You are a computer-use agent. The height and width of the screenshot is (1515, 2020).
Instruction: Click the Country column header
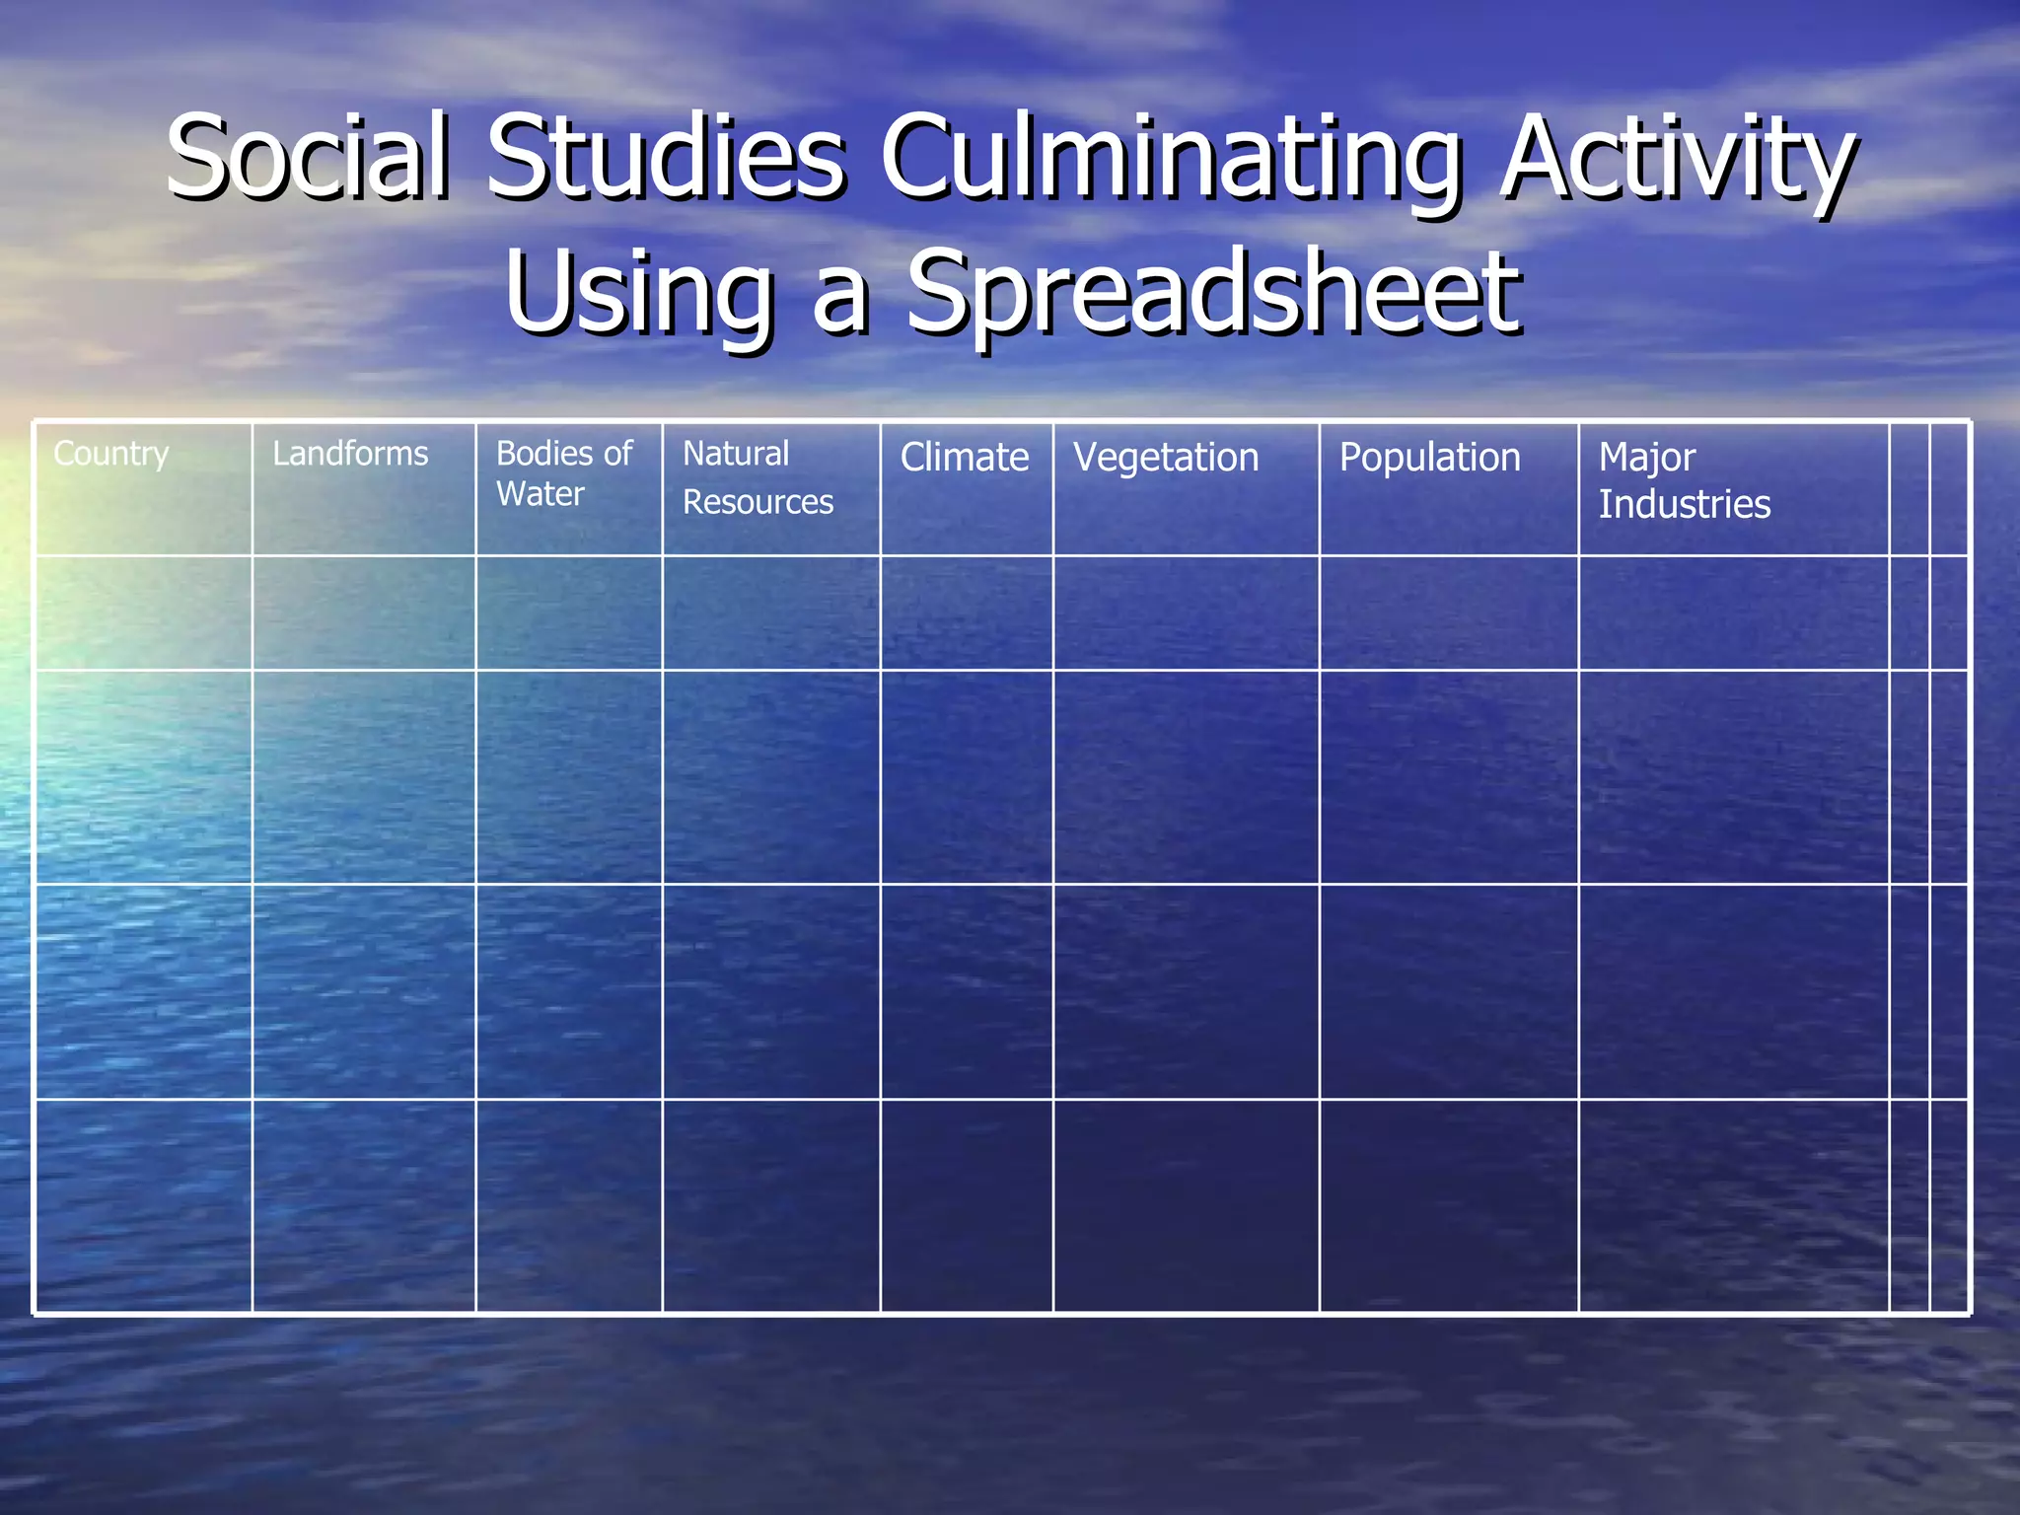tap(111, 454)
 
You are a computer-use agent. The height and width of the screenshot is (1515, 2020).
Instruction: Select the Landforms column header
tap(350, 454)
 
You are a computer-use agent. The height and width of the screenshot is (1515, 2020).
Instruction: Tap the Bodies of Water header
tap(564, 473)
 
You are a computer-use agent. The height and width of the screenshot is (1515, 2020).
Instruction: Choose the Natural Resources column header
tap(757, 478)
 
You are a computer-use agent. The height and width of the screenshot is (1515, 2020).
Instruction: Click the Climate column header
tap(965, 458)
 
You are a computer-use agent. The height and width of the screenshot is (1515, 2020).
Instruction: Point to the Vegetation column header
tap(1166, 458)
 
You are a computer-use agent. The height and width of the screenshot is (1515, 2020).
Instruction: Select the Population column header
tap(1429, 458)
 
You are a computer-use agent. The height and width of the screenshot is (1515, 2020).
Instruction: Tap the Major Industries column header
tap(1685, 480)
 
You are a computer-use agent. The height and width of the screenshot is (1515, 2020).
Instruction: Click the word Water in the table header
tap(541, 494)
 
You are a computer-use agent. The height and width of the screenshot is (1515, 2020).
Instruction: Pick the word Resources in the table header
tap(757, 503)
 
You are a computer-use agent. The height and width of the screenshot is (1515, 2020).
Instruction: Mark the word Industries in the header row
tap(1685, 505)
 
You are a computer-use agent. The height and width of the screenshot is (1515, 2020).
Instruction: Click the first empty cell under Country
tap(144, 613)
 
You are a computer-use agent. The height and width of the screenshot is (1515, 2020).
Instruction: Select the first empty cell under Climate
tap(967, 613)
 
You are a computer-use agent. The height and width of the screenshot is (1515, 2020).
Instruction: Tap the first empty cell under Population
tap(1449, 613)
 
